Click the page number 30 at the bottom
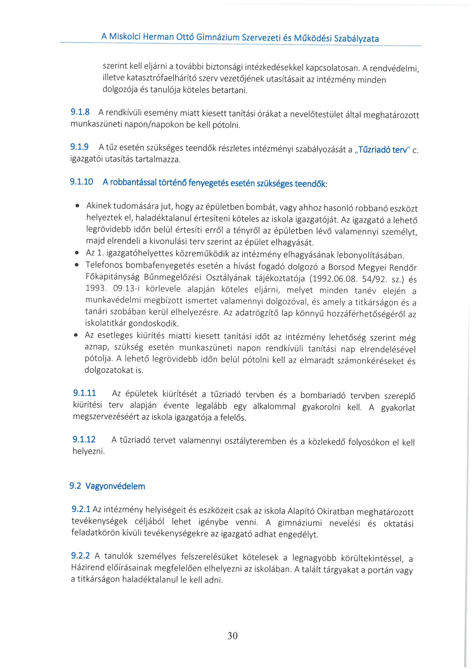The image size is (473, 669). pyautogui.click(x=232, y=635)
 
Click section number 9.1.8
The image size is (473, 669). pyautogui.click(x=80, y=112)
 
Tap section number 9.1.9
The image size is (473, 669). pyautogui.click(x=79, y=147)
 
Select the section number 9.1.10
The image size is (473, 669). pyautogui.click(x=81, y=182)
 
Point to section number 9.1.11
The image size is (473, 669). pyautogui.click(x=84, y=393)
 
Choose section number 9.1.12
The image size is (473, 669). pyautogui.click(x=84, y=439)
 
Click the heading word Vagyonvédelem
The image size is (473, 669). pyautogui.click(x=115, y=486)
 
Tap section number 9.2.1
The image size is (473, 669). pyautogui.click(x=81, y=509)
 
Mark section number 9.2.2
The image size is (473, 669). pyautogui.click(x=80, y=556)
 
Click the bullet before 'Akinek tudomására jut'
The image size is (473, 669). pyautogui.click(x=77, y=206)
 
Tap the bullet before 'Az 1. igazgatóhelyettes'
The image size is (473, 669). pyautogui.click(x=77, y=253)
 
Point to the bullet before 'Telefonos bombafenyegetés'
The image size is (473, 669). pyautogui.click(x=77, y=265)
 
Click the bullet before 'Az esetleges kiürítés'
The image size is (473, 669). pyautogui.click(x=76, y=335)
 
